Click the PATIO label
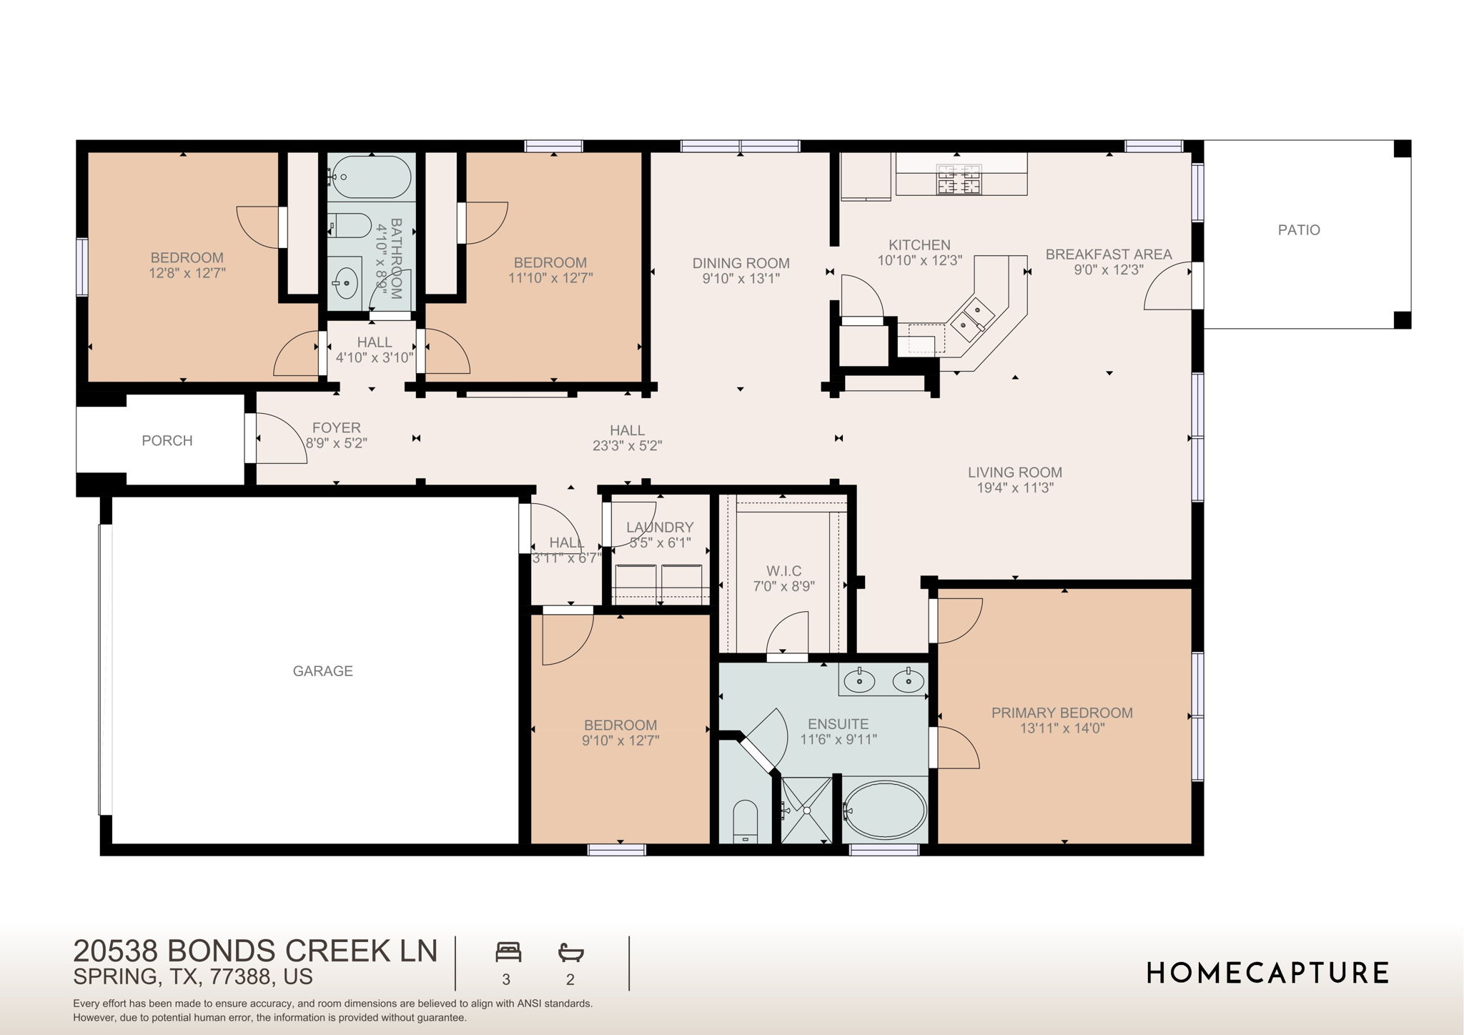(x=1299, y=230)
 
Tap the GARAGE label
(x=322, y=671)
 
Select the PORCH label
(x=167, y=441)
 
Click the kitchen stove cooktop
(x=959, y=179)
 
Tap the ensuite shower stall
(x=806, y=810)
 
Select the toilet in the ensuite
(x=745, y=821)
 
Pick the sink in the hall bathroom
(x=346, y=281)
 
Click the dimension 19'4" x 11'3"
(x=1015, y=488)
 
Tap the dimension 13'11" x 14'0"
(x=1062, y=728)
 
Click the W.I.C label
(x=783, y=571)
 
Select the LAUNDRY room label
(x=659, y=528)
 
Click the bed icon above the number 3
(x=508, y=952)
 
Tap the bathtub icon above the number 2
(x=570, y=952)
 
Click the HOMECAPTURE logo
(x=1267, y=973)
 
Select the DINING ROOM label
(x=741, y=263)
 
